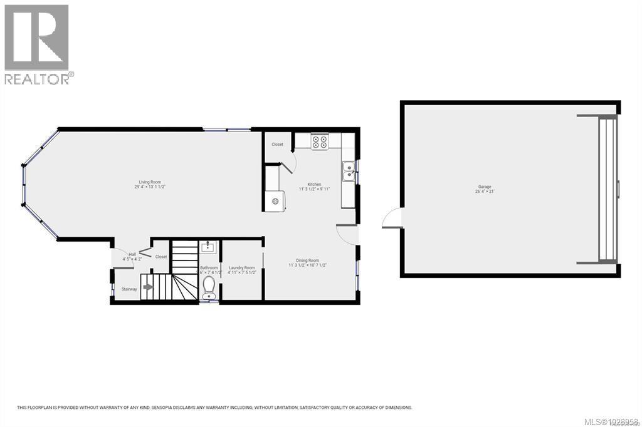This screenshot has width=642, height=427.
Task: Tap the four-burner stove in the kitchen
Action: [319, 143]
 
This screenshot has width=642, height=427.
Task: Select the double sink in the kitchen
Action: [348, 168]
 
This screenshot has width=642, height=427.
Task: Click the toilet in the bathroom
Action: [209, 289]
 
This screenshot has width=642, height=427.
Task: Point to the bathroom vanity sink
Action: [208, 247]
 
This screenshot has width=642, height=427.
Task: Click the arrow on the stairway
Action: [148, 287]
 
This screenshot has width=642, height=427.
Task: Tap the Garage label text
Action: [485, 187]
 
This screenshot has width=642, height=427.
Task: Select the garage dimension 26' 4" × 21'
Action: [485, 192]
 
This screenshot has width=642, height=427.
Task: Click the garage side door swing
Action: [392, 219]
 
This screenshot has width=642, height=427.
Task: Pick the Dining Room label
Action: [308, 260]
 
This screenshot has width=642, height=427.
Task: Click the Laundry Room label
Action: [241, 267]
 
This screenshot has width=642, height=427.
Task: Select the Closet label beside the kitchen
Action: [277, 144]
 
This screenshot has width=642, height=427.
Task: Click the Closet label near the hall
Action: [161, 257]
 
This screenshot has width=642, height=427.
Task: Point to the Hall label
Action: [132, 254]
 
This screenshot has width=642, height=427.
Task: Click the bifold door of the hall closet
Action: [145, 252]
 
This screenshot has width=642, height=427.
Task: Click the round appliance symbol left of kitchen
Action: [274, 201]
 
